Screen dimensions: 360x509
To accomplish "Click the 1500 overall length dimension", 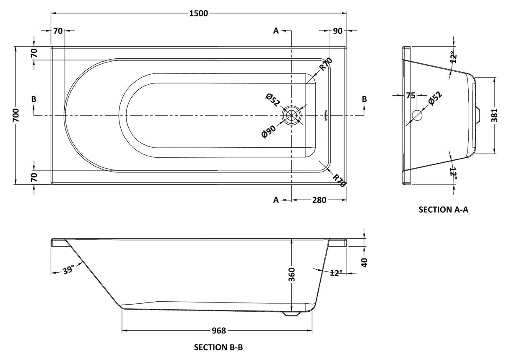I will [x=199, y=13].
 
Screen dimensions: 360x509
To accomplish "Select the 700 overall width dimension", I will [x=16, y=115].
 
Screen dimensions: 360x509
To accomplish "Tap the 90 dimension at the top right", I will [x=338, y=31].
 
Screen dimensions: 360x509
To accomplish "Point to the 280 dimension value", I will [x=319, y=200].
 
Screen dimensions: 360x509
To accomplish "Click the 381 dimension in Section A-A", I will [x=495, y=114].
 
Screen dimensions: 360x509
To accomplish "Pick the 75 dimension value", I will [x=410, y=96].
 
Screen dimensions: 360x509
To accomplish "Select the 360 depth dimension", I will [x=292, y=274].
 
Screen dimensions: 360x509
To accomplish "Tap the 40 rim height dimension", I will [x=364, y=262].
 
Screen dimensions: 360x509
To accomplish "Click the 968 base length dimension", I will [x=218, y=331].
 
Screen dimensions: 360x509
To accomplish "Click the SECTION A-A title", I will [x=443, y=210].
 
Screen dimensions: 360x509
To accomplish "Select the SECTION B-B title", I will [x=218, y=347].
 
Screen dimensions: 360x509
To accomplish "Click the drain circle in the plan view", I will [x=292, y=115].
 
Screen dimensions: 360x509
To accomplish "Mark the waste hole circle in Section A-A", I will [x=418, y=115].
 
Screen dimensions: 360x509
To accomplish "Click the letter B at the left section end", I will [x=34, y=99].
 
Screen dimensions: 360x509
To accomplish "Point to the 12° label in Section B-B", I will [x=335, y=273].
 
